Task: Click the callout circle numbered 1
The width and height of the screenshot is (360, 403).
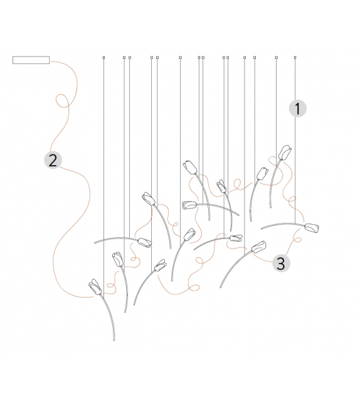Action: [298, 109]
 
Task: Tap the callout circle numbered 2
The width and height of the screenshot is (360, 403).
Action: [53, 160]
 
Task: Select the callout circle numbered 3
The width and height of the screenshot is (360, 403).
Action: [281, 263]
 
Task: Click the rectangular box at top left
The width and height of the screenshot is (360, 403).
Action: [31, 60]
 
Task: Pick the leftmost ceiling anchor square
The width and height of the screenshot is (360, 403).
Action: [103, 57]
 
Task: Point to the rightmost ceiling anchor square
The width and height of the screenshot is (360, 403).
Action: [295, 57]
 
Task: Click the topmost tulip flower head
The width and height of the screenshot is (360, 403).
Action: [285, 153]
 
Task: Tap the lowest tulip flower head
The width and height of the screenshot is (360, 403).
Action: [95, 287]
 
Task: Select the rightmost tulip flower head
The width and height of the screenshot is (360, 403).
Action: [312, 228]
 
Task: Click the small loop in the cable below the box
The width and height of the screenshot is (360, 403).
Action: [62, 100]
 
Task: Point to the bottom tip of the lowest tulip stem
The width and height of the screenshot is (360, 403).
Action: [114, 340]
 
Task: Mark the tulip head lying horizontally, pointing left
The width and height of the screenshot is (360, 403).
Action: [189, 205]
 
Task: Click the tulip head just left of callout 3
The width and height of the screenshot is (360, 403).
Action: [258, 247]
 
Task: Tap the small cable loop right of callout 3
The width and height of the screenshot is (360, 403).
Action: [297, 240]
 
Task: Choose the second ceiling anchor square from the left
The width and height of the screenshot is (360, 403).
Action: [124, 57]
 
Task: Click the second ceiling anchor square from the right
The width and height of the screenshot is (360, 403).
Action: [277, 57]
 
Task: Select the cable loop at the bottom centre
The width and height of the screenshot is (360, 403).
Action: [194, 287]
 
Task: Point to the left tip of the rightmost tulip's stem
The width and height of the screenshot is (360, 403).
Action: [262, 228]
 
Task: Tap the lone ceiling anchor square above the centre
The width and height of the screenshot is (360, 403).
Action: [180, 57]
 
